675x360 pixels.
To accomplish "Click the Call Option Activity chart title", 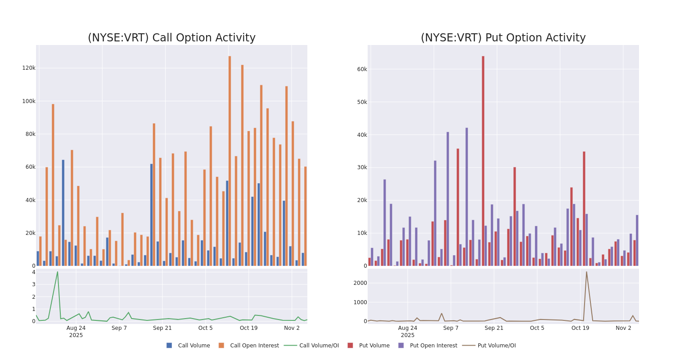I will [x=171, y=38].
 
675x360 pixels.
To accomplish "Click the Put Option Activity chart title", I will [x=503, y=38].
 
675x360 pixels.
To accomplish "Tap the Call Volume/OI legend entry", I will [x=311, y=346].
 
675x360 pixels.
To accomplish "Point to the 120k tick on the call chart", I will [x=29, y=68].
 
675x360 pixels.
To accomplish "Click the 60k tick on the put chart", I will [x=362, y=69].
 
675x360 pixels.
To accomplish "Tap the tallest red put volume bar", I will [x=483, y=161].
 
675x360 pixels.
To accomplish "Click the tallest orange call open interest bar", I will [x=229, y=161].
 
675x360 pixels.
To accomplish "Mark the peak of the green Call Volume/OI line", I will [x=57, y=272].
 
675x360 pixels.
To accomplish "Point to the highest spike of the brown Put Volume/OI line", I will [x=586, y=272].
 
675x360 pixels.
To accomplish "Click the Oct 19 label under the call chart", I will [x=248, y=328].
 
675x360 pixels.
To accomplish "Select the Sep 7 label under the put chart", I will [x=451, y=328].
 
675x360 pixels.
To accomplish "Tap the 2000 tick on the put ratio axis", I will [x=360, y=283].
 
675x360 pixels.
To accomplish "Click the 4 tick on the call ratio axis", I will [x=33, y=272].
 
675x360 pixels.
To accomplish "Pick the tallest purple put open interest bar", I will [x=467, y=197].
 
